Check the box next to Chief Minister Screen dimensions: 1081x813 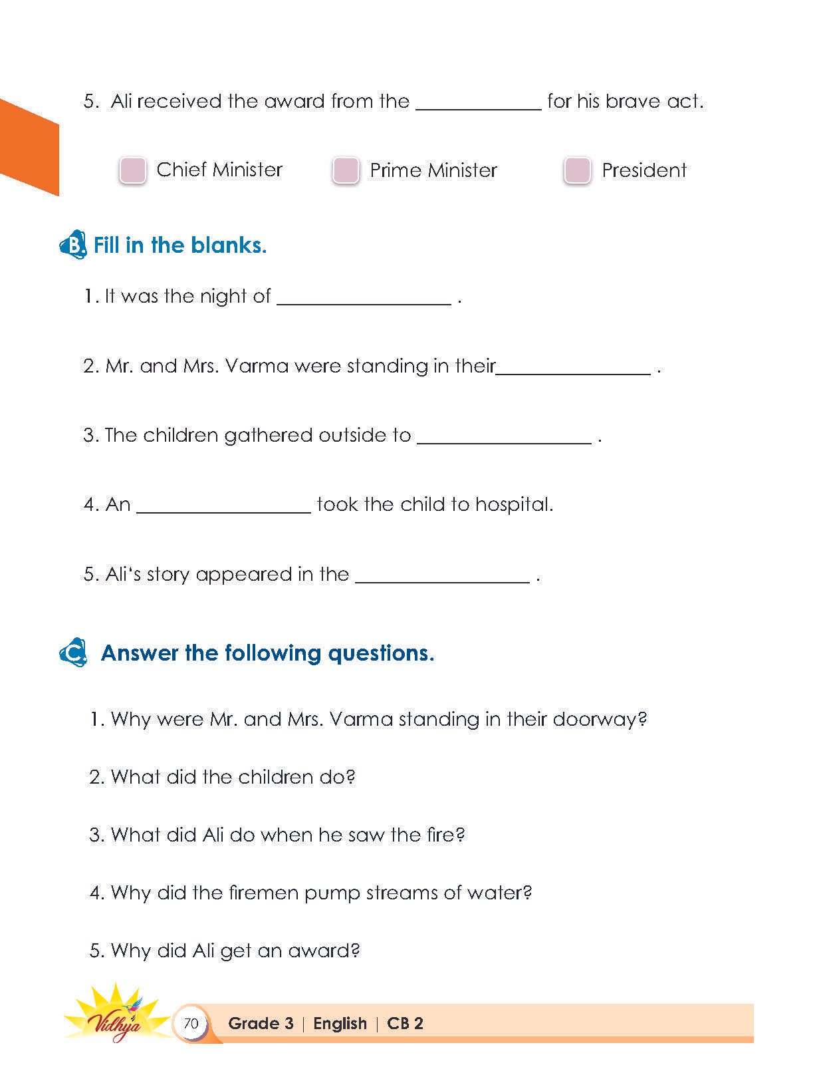click(133, 170)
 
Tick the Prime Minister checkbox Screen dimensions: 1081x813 click(346, 170)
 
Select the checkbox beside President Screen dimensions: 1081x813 click(577, 170)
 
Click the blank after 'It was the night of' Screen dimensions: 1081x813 click(364, 298)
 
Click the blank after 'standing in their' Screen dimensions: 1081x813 click(574, 368)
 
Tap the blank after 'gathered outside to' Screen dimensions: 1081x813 click(504, 437)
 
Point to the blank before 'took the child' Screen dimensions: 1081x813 click(223, 506)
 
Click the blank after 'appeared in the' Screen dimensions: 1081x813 click(443, 576)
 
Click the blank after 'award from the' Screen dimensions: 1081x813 click(479, 103)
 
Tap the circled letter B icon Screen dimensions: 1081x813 click(73, 245)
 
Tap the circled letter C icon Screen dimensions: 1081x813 click(73, 653)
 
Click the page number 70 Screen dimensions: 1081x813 click(191, 1023)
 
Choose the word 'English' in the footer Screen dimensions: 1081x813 click(340, 1023)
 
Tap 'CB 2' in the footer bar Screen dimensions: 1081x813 click(405, 1023)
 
